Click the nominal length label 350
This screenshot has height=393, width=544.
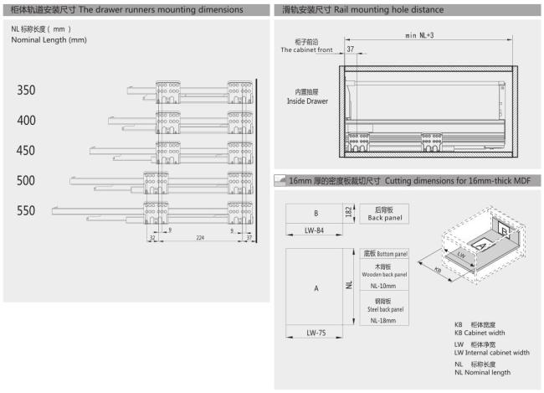coord(26,90)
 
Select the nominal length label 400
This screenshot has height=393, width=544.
coord(26,121)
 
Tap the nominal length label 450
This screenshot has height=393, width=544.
coord(26,151)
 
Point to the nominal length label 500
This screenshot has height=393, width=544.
coord(26,181)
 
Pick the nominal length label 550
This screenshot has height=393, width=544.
coord(26,210)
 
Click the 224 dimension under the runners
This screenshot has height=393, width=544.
coord(200,238)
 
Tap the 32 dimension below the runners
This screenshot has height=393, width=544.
coord(152,238)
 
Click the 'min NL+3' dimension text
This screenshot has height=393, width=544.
coord(419,35)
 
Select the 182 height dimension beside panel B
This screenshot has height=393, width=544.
coord(349,212)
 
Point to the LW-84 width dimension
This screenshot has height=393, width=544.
coord(314,230)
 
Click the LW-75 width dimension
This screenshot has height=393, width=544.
coord(316,333)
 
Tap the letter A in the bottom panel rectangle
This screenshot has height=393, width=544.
coord(316,288)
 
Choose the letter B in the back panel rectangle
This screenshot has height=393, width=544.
coord(316,213)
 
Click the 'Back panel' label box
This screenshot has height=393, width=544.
coord(384,214)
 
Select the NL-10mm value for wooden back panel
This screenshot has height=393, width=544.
coord(383,286)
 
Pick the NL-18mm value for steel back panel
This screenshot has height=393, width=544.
coord(383,320)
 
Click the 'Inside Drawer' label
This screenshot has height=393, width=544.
coord(307,101)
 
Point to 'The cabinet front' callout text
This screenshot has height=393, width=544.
coord(306,49)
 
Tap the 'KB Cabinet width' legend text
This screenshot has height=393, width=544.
coord(480,333)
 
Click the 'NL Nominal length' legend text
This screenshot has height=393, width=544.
coord(482,372)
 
